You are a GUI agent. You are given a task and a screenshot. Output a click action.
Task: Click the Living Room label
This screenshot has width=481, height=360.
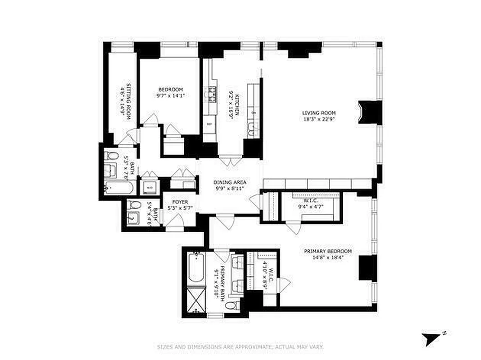coord(319,113)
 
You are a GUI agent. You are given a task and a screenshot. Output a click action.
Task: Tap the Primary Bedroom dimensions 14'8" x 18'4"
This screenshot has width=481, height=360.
coord(327,258)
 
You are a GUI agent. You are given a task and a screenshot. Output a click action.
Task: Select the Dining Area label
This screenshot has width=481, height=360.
coord(230,182)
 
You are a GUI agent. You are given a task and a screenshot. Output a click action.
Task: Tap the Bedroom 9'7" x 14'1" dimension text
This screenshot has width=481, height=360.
coord(170,95)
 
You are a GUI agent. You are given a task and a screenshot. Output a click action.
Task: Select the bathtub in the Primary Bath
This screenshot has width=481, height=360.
coord(196,267)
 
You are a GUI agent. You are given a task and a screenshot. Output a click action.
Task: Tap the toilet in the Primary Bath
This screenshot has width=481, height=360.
coord(231,306)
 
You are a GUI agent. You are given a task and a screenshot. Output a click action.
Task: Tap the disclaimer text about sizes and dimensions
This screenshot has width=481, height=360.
coord(240,347)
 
